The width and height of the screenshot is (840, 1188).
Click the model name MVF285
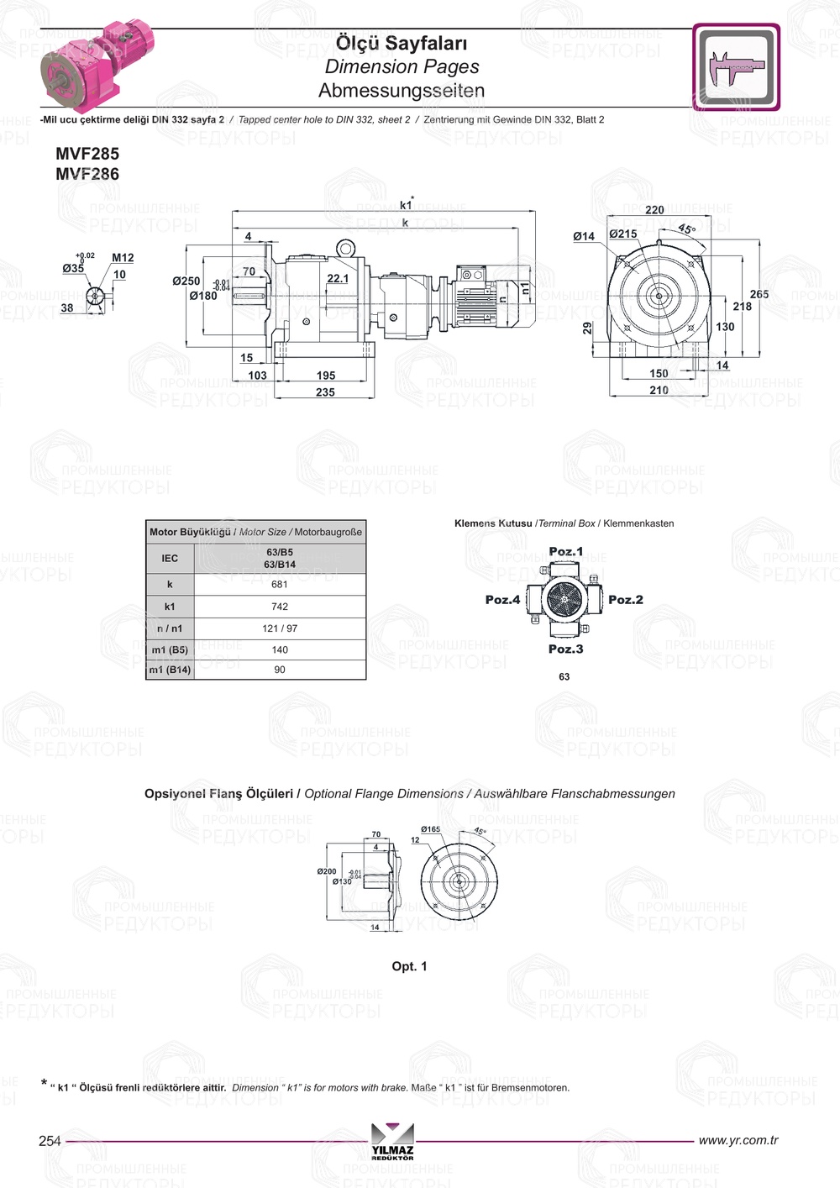(x=87, y=154)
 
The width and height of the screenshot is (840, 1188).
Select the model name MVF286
(x=87, y=174)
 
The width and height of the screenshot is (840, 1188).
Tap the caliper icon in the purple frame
(x=737, y=67)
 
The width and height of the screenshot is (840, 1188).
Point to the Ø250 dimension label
(x=186, y=281)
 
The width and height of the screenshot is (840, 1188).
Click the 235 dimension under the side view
(x=325, y=392)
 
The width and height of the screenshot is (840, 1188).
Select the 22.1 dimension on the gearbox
(x=338, y=278)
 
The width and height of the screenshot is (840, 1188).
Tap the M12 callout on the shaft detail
(x=123, y=258)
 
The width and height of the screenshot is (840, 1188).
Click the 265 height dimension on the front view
(x=759, y=294)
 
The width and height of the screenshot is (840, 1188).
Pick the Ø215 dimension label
(x=623, y=234)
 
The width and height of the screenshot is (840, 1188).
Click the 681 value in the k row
(x=280, y=585)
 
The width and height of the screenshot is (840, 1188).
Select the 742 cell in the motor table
(x=280, y=607)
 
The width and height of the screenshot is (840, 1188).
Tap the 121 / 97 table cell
(x=280, y=628)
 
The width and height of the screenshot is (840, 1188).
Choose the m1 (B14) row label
(x=170, y=670)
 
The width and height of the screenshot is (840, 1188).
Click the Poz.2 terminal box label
(x=626, y=600)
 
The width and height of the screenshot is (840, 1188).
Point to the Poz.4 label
(x=502, y=600)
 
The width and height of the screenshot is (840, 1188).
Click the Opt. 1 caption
(x=409, y=966)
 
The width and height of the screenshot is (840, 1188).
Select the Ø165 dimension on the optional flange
(x=430, y=829)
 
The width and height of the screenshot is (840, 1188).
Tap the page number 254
(x=50, y=1141)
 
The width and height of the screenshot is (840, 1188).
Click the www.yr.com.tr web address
(x=738, y=1140)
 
